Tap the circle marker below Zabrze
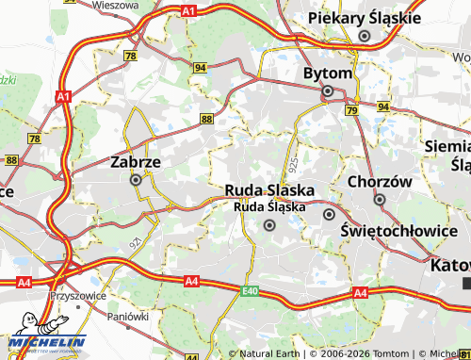point(137,179)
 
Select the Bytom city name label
point(328,74)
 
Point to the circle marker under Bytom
point(328,91)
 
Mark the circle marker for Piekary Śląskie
point(364,36)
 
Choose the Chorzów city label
point(380,181)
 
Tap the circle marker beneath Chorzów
point(380,199)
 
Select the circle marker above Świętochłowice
point(329,215)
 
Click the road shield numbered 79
point(351,111)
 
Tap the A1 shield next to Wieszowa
point(188,10)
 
